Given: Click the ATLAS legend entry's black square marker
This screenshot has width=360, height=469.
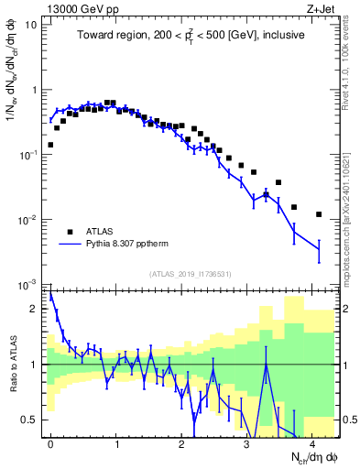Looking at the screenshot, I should pyautogui.click(x=70, y=232).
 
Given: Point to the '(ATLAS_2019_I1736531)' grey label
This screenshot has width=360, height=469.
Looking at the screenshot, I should pyautogui.click(x=191, y=273).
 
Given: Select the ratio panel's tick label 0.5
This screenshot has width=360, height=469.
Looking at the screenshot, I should pyautogui.click(x=31, y=420).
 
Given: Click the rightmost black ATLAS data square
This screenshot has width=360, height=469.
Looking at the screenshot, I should pyautogui.click(x=319, y=214).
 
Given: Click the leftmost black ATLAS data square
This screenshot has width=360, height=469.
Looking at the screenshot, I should pyautogui.click(x=50, y=145).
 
